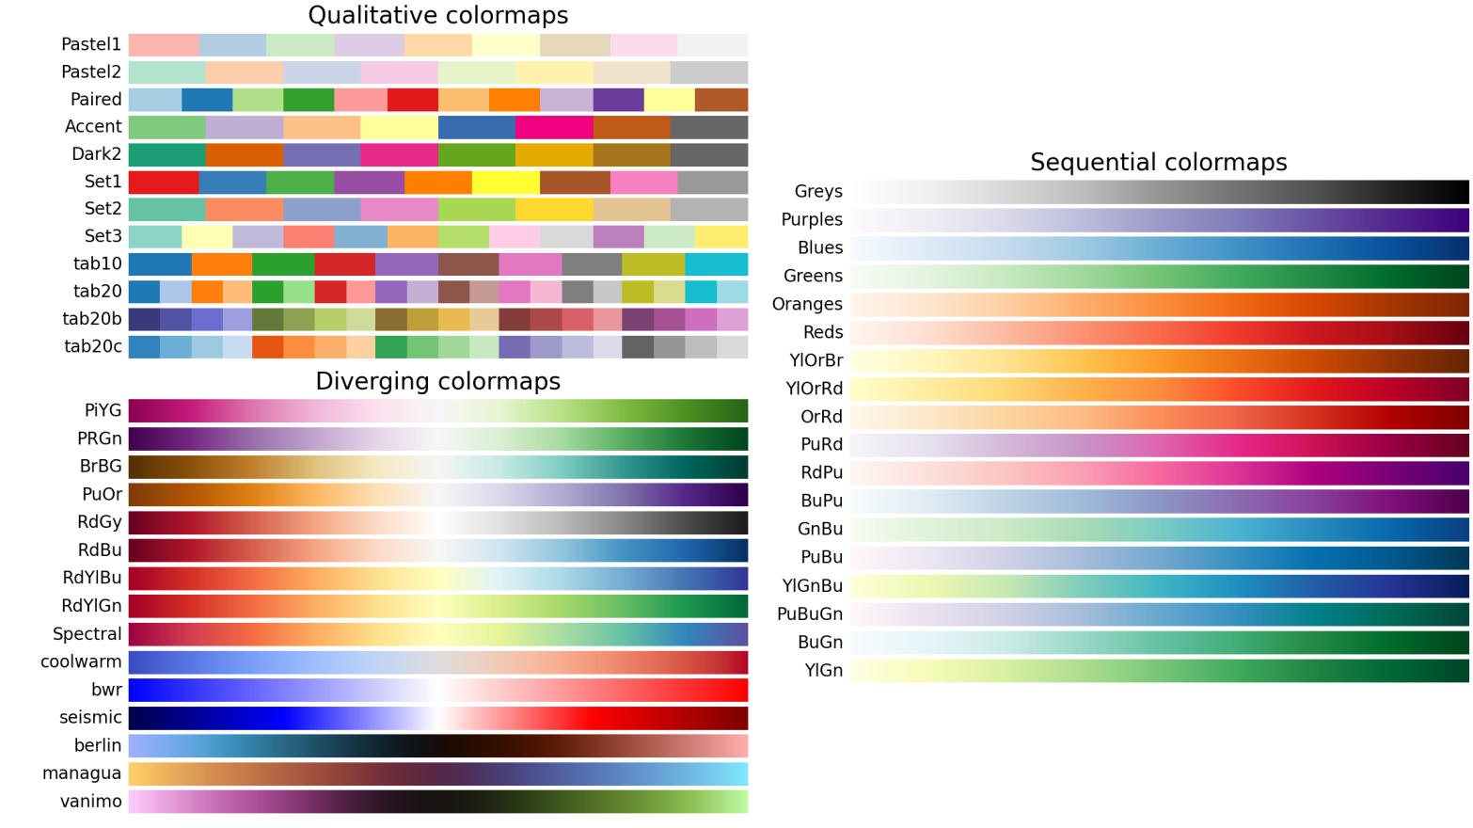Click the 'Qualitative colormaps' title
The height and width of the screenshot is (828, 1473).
[438, 16]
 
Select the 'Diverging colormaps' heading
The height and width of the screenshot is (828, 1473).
[438, 381]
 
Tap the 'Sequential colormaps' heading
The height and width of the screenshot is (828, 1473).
[1159, 163]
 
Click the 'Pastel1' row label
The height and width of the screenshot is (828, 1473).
[91, 44]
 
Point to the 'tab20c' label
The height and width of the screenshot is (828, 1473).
[93, 346]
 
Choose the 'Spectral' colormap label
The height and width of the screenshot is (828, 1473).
[87, 634]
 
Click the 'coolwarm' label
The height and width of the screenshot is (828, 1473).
[81, 661]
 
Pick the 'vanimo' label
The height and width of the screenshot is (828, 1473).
[90, 802]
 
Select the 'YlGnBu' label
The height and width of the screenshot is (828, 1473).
[812, 586]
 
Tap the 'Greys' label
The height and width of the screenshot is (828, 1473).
[818, 192]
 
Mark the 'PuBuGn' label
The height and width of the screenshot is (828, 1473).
[809, 614]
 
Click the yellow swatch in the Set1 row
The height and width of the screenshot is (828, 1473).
[506, 182]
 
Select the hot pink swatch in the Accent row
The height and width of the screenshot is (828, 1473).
[554, 127]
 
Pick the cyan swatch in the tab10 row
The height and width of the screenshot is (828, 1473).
[717, 264]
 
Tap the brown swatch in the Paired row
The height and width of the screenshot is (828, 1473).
[721, 100]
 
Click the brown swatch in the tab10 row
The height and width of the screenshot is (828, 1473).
[468, 264]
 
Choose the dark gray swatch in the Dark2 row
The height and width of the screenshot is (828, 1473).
[709, 154]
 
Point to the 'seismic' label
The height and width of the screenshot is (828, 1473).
[90, 718]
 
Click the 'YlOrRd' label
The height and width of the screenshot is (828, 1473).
[815, 389]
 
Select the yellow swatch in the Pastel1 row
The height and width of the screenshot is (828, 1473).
[506, 45]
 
